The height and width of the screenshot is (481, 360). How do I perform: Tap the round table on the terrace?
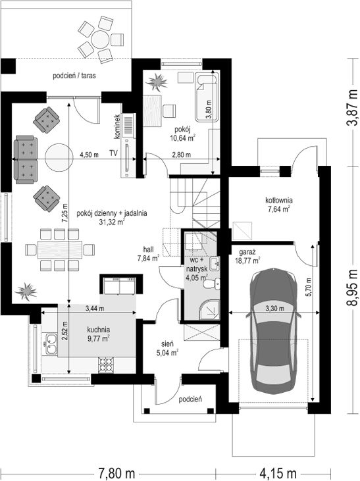click(100, 39)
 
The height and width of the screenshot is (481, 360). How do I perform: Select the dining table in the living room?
click(60, 249)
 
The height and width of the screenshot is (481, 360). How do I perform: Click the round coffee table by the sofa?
click(59, 158)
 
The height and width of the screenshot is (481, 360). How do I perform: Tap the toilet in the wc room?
click(212, 283)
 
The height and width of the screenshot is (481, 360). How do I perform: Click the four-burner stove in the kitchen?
click(106, 365)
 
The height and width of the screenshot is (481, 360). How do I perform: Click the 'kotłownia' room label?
click(279, 200)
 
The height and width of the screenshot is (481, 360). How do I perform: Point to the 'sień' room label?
click(168, 343)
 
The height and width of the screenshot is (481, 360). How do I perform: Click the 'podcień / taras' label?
click(74, 76)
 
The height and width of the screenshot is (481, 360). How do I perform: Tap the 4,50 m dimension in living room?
click(89, 155)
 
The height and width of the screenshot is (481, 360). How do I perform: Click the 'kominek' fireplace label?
click(117, 127)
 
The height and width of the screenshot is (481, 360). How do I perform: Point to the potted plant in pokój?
click(157, 82)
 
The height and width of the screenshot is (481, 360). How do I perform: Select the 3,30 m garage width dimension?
click(274, 309)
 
